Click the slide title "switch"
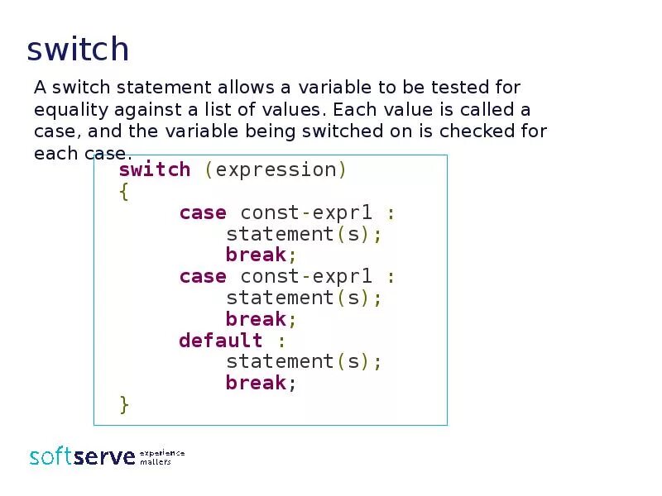[78, 50]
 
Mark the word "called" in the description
[482, 110]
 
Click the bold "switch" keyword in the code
[155, 169]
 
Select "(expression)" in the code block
[276, 169]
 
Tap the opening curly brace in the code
[124, 192]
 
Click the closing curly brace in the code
[124, 404]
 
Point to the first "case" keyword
[203, 212]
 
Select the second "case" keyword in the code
[203, 276]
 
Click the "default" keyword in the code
[220, 341]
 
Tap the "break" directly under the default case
[256, 383]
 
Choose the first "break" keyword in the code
[256, 255]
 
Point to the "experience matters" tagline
[161, 457]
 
